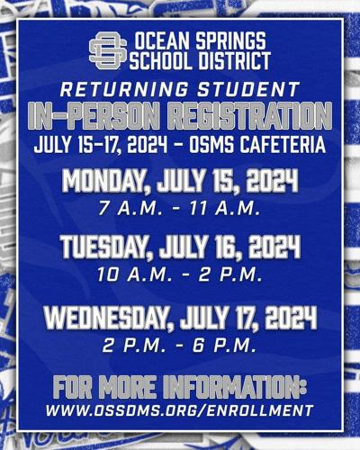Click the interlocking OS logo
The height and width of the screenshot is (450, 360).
click(108, 50)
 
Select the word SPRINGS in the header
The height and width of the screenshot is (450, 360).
click(231, 41)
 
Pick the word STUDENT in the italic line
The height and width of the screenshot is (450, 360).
click(248, 89)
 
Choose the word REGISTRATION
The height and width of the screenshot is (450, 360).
click(249, 116)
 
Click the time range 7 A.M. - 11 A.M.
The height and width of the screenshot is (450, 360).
click(179, 208)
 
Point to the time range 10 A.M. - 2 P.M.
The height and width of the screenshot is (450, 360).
click(179, 274)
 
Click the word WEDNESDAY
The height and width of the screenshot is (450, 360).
click(105, 318)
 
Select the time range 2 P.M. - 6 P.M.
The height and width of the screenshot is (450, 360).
click(179, 346)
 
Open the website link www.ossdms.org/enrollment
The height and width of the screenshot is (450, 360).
click(179, 409)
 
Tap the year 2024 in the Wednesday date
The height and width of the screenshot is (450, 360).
click(291, 318)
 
